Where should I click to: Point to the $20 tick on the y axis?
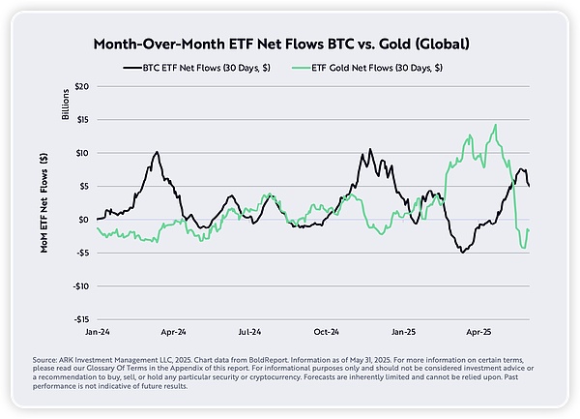coord(83,86)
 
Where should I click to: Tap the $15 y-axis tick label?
coord(83,119)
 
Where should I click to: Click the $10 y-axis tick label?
coord(83,153)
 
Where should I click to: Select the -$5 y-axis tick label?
coord(83,253)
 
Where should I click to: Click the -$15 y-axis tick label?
coord(81,318)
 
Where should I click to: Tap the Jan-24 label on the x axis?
coord(99,331)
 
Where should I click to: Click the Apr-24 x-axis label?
coord(173,331)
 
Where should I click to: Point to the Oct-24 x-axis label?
coord(326,331)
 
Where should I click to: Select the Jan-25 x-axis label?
coord(402,331)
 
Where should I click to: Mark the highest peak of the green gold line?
coord(495,125)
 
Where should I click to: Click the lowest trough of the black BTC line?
coord(463,253)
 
